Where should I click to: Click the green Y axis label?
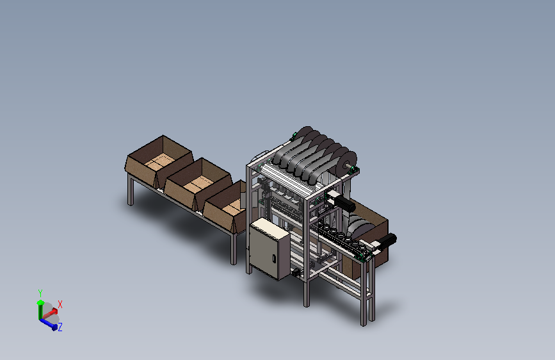pos(40,293)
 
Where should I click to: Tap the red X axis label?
pos(60,304)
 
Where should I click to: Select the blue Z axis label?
pos(60,327)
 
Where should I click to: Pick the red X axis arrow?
pos(49,313)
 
